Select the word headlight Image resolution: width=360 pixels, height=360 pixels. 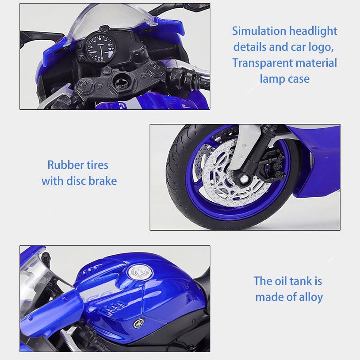313,31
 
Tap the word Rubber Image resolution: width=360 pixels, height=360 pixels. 64,165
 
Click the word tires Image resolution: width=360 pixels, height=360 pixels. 97,165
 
